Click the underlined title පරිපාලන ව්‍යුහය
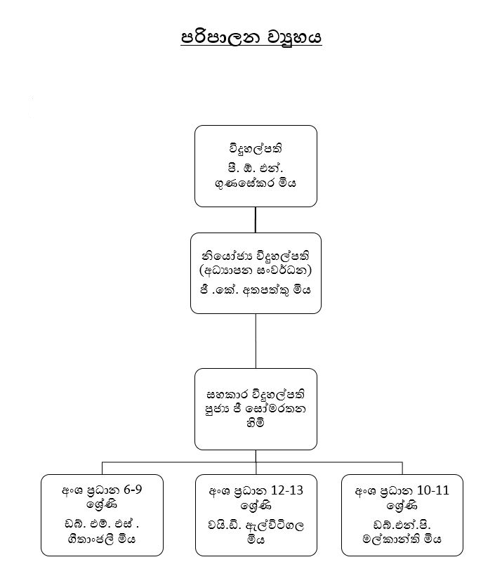251,37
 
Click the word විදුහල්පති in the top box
256,149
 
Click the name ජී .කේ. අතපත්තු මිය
256,289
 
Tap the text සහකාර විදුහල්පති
256,392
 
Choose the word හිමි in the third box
256,425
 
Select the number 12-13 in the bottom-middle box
286,490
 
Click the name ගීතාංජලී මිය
102,539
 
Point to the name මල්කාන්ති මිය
402,539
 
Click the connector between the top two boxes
256,220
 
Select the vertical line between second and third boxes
256,341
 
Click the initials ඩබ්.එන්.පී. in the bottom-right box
402,524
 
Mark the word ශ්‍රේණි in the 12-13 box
256,504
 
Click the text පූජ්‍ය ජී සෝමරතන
256,408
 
